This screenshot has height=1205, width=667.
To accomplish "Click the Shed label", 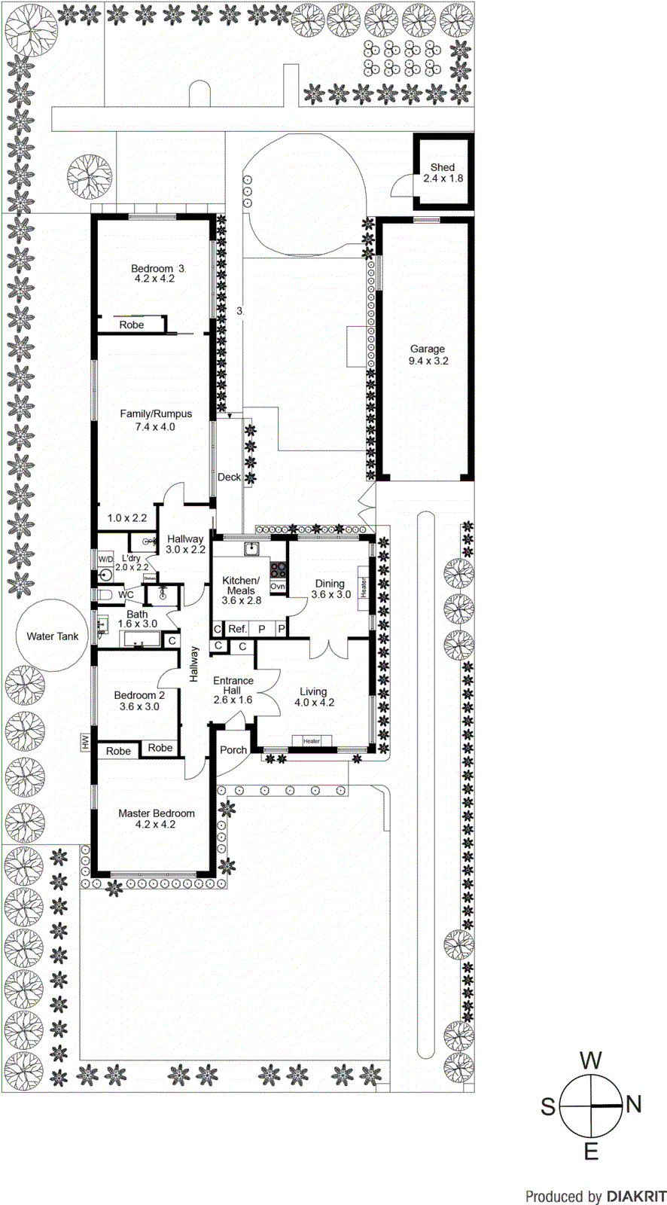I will [x=443, y=167].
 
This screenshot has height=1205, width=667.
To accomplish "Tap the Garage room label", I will [x=428, y=349].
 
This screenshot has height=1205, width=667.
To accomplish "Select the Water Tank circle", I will [x=52, y=636].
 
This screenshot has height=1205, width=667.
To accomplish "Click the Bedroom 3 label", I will [x=153, y=268].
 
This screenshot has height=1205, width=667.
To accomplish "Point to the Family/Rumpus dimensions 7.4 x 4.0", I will [x=156, y=427].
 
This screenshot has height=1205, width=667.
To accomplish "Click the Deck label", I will [x=229, y=477].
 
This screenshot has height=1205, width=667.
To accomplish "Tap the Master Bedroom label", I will [x=157, y=813].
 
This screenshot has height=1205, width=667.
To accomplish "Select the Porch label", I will [x=233, y=750].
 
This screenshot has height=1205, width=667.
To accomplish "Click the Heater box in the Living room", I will [x=312, y=741].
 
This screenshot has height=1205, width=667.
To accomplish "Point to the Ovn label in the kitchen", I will [x=278, y=586].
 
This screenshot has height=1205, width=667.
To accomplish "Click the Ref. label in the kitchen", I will [x=237, y=629].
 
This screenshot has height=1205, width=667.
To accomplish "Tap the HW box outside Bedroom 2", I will [x=85, y=742].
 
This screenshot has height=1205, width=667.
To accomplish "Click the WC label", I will [x=126, y=595].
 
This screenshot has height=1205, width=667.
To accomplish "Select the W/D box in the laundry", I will [x=105, y=560].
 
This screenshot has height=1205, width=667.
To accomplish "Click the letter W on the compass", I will [x=591, y=1060].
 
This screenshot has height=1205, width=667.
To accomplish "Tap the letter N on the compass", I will [x=634, y=1105].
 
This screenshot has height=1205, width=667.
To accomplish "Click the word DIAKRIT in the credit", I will [x=636, y=1196].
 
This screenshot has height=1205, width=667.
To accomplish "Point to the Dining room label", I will [x=330, y=584].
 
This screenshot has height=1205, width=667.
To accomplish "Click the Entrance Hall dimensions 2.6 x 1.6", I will [x=233, y=700].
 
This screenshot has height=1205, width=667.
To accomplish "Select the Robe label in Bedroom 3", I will [x=132, y=325].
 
